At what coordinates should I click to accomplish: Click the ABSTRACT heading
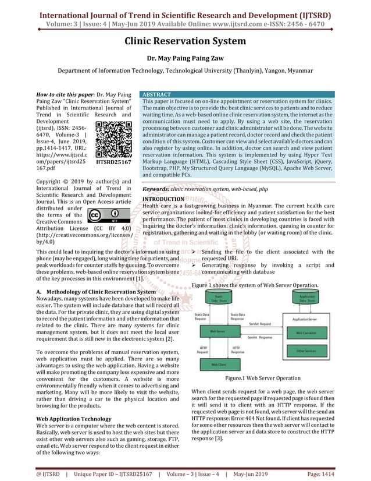[x=157, y=94]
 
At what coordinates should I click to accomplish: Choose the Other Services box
[x=306, y=351]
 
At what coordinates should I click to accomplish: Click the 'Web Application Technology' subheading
[x=74, y=419]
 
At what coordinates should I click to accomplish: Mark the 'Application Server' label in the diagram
[x=305, y=320]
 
